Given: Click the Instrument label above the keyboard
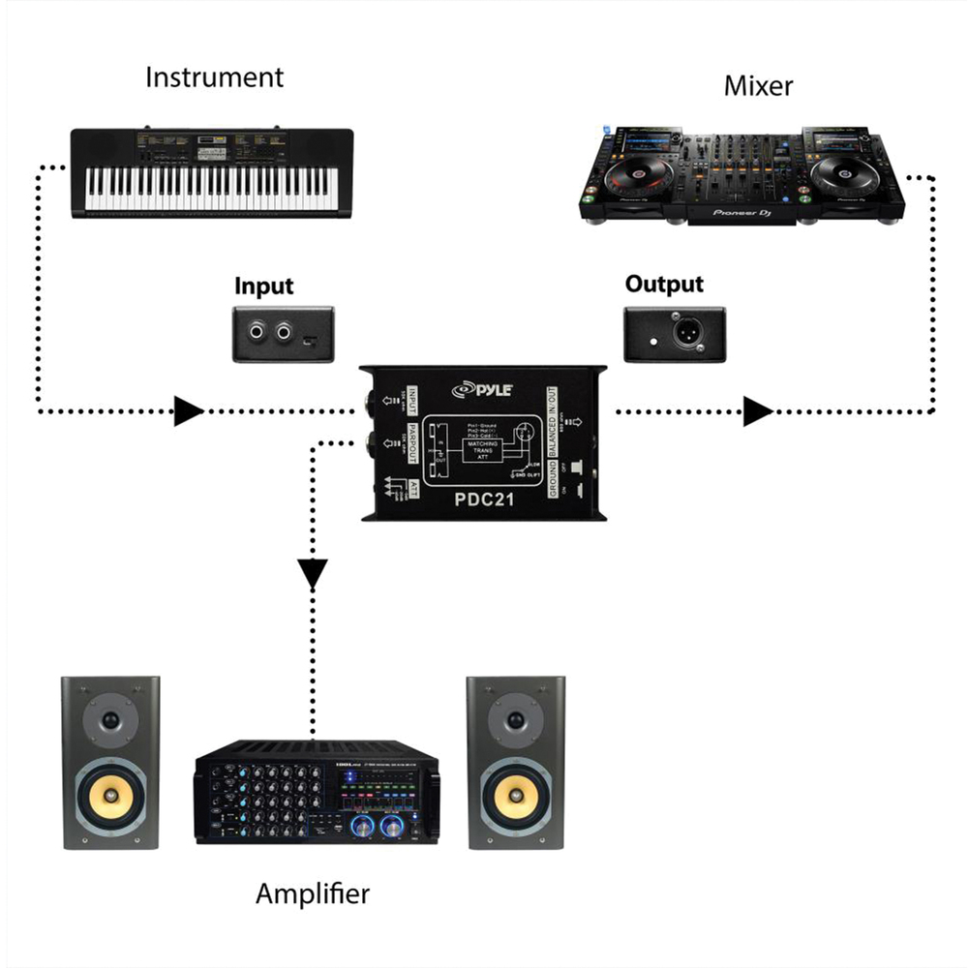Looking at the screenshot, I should (214, 77).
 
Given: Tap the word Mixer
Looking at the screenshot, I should (758, 86).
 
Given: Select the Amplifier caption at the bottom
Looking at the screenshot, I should (312, 893).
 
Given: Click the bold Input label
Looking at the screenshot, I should (263, 287).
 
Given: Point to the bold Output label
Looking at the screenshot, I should (664, 285).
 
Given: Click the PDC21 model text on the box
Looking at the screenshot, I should (484, 499).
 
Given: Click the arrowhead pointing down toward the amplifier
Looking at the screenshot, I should (312, 576).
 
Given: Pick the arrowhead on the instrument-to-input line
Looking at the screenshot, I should (188, 412).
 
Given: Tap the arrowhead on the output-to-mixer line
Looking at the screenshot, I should (758, 412).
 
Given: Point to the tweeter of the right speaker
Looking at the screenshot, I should (516, 721).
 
